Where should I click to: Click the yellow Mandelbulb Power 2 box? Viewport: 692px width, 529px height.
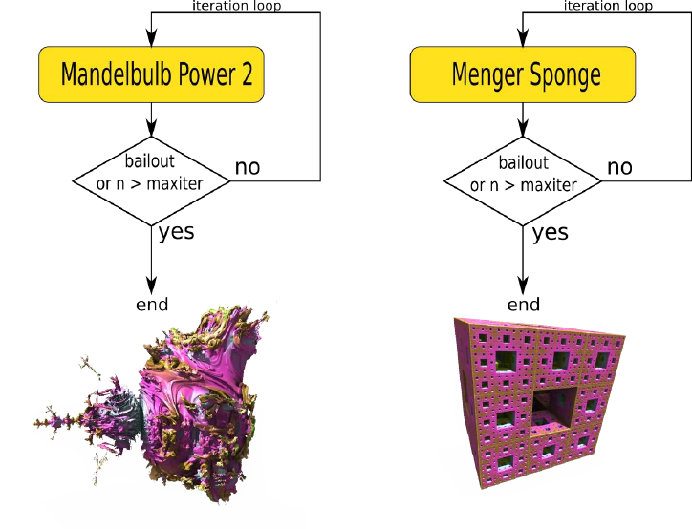pos(151,74)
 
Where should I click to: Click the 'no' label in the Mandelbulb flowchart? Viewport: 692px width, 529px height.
pos(247,167)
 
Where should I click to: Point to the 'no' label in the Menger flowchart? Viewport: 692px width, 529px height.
pos(619,167)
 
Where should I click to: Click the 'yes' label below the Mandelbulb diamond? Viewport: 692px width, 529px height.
pos(178,232)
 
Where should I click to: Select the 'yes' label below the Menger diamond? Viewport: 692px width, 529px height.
pos(550,232)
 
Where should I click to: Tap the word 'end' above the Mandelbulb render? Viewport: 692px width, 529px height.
pos(151,305)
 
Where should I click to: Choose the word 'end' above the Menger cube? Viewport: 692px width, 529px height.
pos(523,305)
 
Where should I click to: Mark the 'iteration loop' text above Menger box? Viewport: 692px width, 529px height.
pos(608,6)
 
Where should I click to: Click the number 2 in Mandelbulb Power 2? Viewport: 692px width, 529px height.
pos(247,74)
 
